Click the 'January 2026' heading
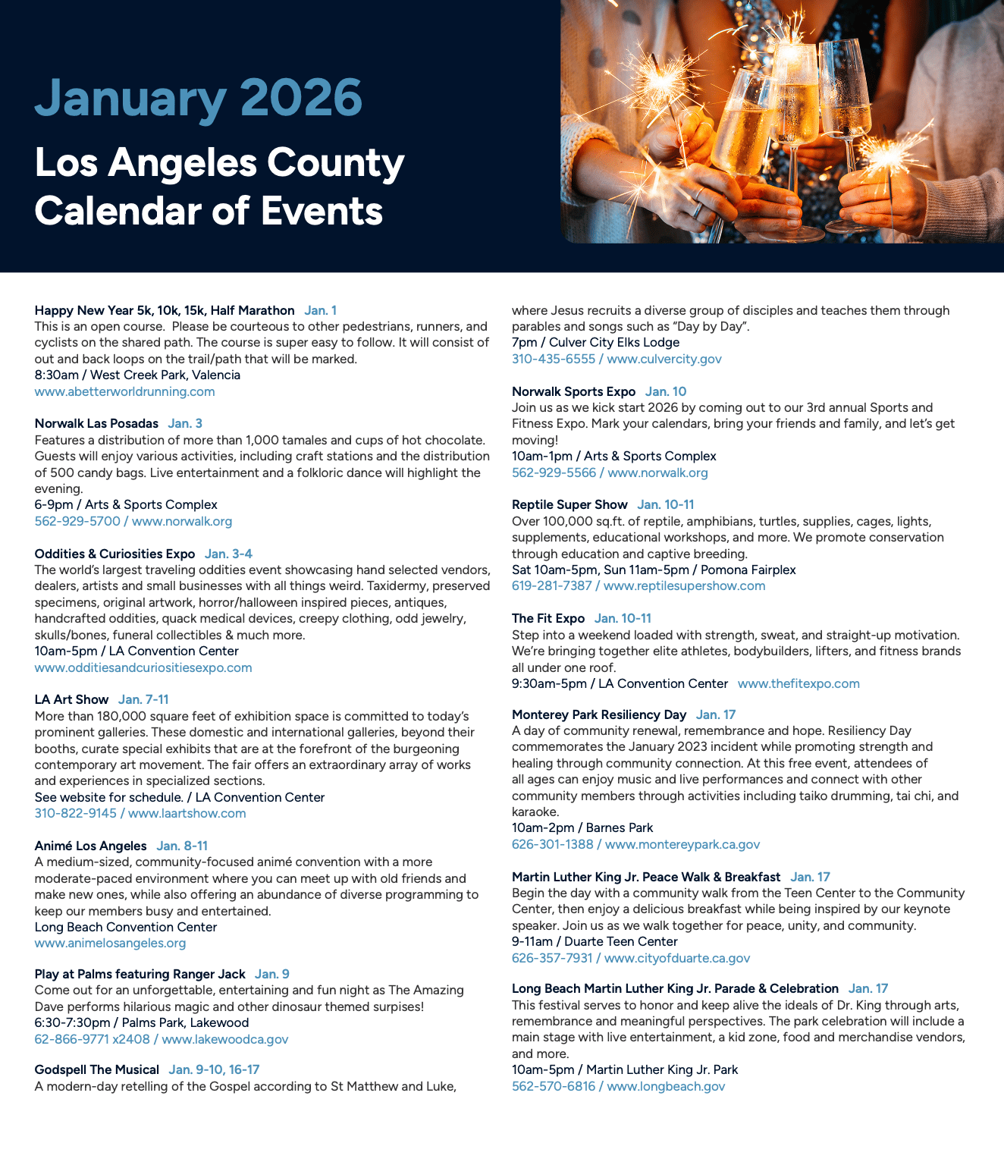(x=199, y=99)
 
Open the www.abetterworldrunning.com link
(x=124, y=391)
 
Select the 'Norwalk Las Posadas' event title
(x=96, y=423)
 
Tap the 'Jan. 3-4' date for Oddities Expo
(x=228, y=554)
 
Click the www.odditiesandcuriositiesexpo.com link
(x=143, y=667)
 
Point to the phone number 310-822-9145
(x=76, y=813)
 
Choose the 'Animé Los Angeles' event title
(x=90, y=846)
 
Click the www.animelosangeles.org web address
(x=110, y=943)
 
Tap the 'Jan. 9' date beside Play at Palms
(x=272, y=974)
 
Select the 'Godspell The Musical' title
(x=96, y=1069)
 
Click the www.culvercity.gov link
(x=664, y=359)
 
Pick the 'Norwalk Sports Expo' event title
(x=573, y=391)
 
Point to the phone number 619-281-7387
(x=552, y=586)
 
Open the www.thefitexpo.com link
(x=798, y=683)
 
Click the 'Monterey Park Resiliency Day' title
(x=599, y=714)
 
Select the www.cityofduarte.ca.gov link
(x=677, y=958)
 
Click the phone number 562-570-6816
(x=554, y=1086)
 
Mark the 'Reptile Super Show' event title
(x=569, y=504)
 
